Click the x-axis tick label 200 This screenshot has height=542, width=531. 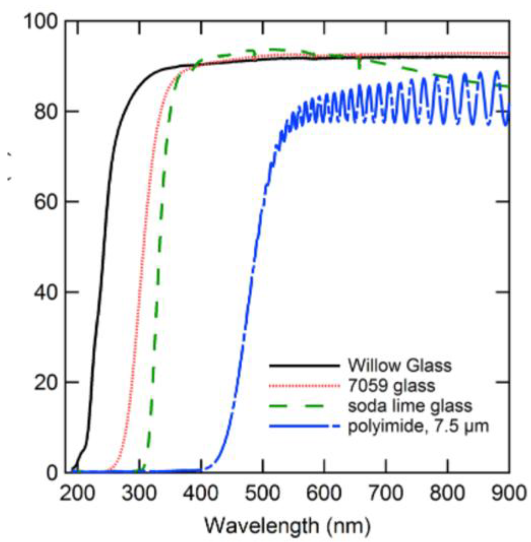tap(77, 494)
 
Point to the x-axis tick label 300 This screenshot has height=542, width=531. tap(139, 494)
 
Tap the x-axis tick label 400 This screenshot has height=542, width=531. tap(200, 494)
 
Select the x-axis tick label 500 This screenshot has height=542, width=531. tap(262, 494)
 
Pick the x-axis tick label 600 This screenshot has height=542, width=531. tap(324, 494)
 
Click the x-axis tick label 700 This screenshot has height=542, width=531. tap(386, 494)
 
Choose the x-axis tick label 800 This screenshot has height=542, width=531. tap(447, 494)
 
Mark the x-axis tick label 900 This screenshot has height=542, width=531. tap(508, 494)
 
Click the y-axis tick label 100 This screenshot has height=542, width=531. tap(41, 21)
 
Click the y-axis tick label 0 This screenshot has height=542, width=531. tap(52, 473)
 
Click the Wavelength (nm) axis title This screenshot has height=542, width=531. tap(287, 526)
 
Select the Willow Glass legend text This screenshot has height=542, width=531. tap(399, 365)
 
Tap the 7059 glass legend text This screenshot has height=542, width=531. tap(391, 386)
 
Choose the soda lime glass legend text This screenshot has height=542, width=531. tap(410, 406)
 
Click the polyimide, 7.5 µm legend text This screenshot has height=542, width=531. tap(418, 426)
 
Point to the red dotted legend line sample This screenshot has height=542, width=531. tap(304, 386)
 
